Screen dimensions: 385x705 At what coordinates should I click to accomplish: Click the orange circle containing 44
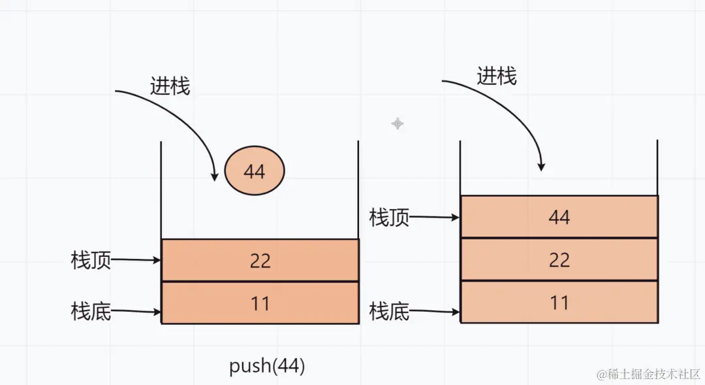click(x=255, y=171)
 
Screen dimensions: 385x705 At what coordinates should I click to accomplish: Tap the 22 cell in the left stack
click(x=260, y=260)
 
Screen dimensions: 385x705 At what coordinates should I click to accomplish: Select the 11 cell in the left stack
click(x=260, y=303)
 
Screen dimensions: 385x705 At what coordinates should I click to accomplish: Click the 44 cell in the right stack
click(x=559, y=217)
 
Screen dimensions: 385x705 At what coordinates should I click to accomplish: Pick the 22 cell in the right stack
click(x=559, y=260)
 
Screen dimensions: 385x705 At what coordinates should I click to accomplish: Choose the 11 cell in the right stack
click(x=559, y=303)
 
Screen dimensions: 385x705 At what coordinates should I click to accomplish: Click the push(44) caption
click(x=267, y=366)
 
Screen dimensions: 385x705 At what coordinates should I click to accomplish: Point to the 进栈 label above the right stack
click(x=496, y=76)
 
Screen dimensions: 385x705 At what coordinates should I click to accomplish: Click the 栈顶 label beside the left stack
click(x=91, y=261)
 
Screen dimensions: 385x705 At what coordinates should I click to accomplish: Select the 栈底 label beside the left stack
click(x=91, y=311)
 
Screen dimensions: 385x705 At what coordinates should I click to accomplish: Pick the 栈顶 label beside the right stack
click(x=389, y=217)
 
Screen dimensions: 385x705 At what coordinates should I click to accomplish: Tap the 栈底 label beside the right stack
click(x=389, y=311)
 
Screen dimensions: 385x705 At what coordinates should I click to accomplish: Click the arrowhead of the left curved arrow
click(x=214, y=176)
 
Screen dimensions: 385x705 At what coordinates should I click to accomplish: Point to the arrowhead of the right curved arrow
click(x=541, y=167)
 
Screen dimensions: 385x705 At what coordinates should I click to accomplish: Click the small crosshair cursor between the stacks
click(x=397, y=124)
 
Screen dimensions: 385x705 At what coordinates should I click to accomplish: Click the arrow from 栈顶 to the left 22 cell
click(x=136, y=260)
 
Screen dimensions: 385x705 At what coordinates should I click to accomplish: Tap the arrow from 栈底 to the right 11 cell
click(x=435, y=312)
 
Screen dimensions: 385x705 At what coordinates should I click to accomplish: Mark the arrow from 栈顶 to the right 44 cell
click(x=435, y=217)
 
